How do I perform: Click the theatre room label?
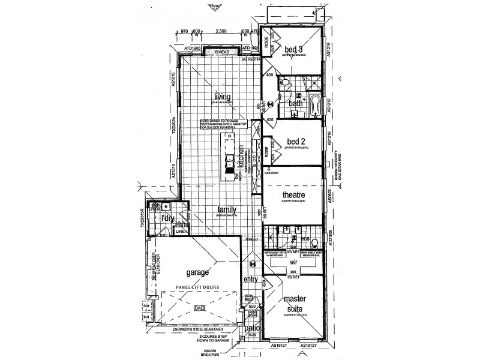click(295, 196)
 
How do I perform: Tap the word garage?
click(197, 272)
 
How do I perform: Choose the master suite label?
click(295, 304)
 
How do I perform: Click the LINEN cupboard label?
click(181, 230)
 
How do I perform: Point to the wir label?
click(294, 262)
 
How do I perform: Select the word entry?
click(250, 280)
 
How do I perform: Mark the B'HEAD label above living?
click(222, 52)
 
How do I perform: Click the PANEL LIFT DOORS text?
click(197, 287)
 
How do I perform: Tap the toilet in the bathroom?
click(286, 83)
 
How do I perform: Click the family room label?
click(226, 209)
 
